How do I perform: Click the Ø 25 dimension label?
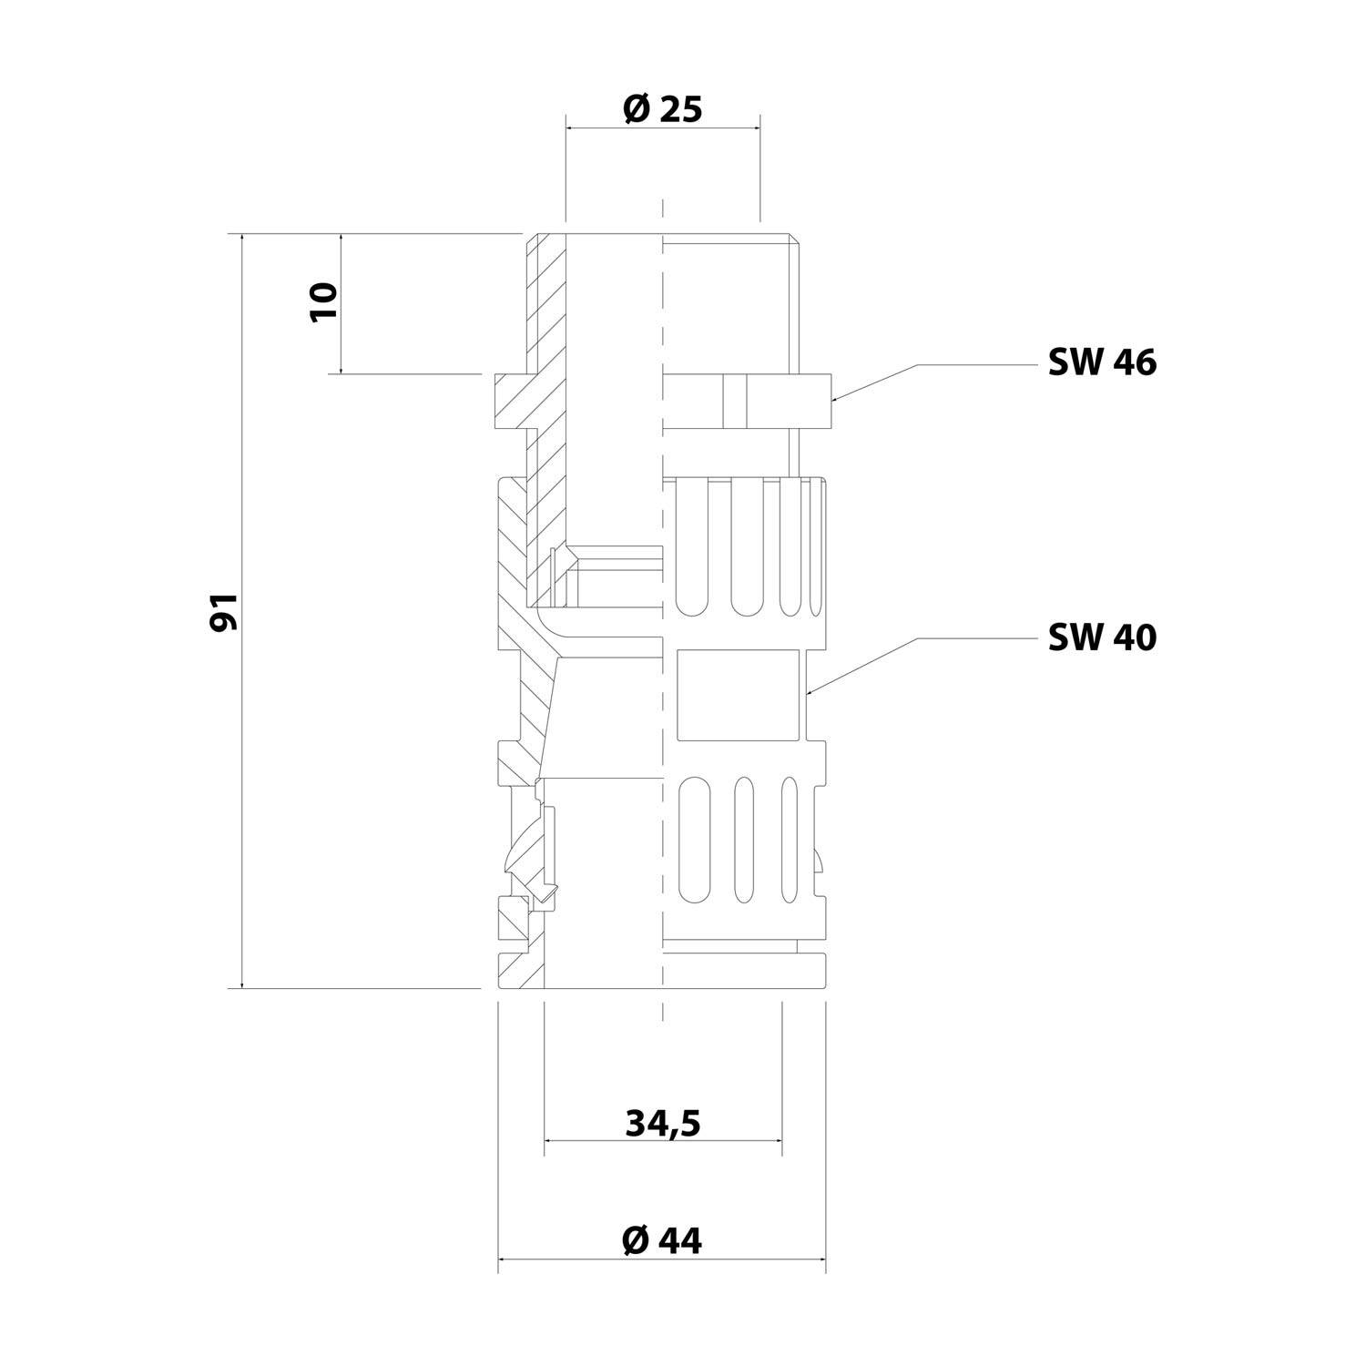(662, 110)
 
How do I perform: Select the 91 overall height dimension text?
(224, 612)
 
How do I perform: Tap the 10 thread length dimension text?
(323, 301)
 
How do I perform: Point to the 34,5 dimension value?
(662, 1124)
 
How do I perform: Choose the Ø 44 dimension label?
(662, 1239)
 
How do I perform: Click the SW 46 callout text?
(1102, 362)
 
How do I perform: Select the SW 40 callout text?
(1102, 637)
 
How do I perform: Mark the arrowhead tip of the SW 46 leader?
(832, 399)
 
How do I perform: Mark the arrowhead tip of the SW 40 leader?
(807, 695)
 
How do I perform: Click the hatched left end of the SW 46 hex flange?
(510, 401)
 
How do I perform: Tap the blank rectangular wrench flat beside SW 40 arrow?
(739, 695)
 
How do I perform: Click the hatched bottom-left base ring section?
(520, 970)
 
